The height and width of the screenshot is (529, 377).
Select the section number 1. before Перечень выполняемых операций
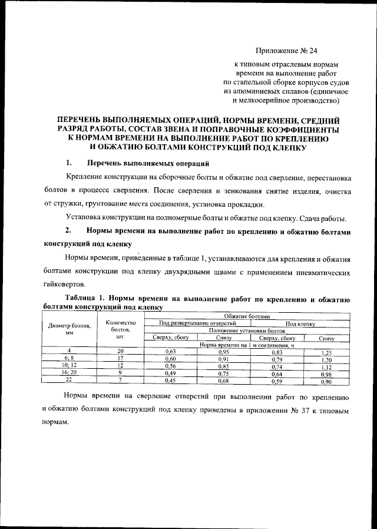click(69, 162)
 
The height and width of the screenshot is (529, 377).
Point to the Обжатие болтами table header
click(247, 316)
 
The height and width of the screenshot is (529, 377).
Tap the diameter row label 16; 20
click(69, 372)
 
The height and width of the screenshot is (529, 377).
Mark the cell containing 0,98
click(326, 372)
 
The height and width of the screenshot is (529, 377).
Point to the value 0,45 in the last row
click(170, 379)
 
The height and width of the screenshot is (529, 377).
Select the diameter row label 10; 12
click(69, 365)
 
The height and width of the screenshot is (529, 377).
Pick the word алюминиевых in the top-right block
click(264, 91)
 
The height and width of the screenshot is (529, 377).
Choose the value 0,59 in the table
click(277, 379)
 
